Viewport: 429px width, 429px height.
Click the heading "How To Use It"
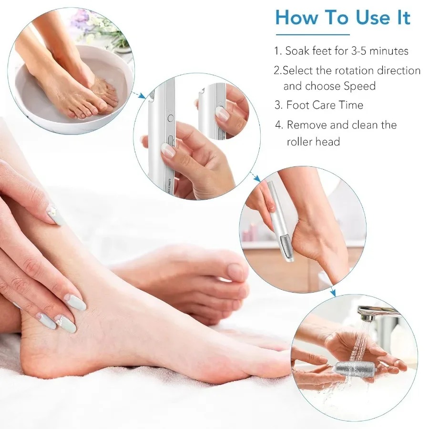[x=342, y=18]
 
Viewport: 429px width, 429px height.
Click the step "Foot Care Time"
[x=325, y=105]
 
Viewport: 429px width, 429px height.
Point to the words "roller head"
[x=313, y=142]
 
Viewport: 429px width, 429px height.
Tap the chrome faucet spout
[x=377, y=312]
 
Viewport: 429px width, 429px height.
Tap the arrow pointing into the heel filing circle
[x=256, y=178]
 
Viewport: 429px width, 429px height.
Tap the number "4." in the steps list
[x=279, y=125]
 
